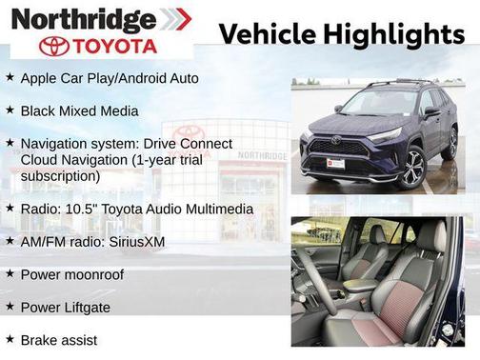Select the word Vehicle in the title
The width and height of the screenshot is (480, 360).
pyautogui.click(x=266, y=34)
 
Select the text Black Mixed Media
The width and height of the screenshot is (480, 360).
pyautogui.click(x=79, y=110)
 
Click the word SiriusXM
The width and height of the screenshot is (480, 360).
pyautogui.click(x=134, y=241)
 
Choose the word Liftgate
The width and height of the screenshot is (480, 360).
pyautogui.click(x=90, y=307)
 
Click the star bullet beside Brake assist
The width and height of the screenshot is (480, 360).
pyautogui.click(x=10, y=339)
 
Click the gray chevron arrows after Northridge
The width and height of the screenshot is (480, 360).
pyautogui.click(x=174, y=18)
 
